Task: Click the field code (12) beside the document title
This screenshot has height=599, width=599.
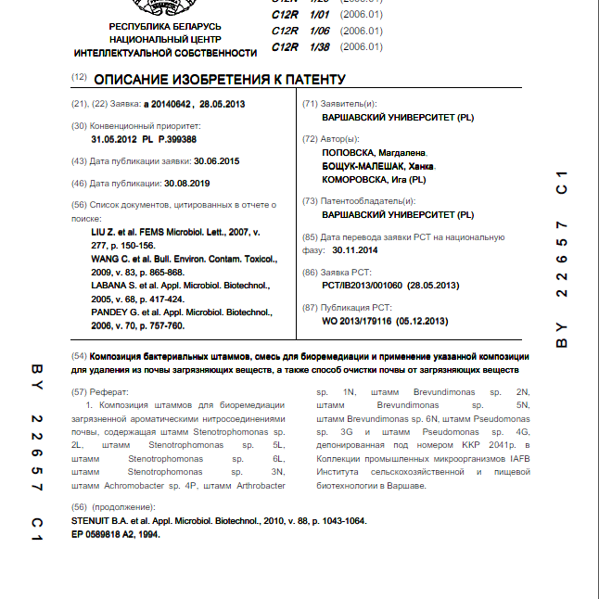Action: click(79, 79)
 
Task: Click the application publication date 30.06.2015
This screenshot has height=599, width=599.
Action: click(216, 160)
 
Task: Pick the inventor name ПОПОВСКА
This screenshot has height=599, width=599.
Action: click(348, 152)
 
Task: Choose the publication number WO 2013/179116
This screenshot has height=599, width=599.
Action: click(362, 321)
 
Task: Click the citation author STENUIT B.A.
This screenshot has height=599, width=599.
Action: click(103, 521)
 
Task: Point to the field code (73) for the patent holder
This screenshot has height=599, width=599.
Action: click(311, 200)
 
